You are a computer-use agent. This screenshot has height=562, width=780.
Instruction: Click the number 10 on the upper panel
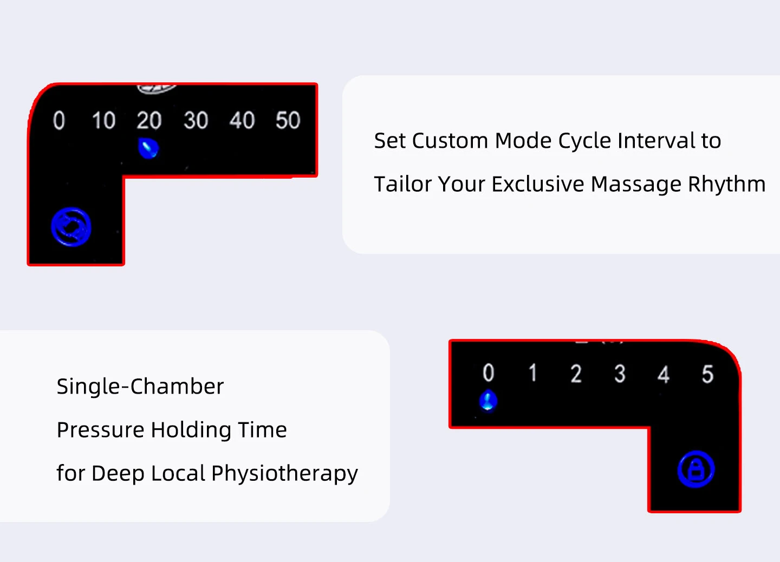tap(103, 121)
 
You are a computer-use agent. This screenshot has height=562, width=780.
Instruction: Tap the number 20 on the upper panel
tap(149, 121)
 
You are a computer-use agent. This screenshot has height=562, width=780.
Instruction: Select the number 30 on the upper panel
tap(196, 121)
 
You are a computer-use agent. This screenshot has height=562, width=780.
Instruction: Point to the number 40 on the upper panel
tap(242, 121)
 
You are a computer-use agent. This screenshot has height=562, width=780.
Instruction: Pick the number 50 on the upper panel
tap(288, 121)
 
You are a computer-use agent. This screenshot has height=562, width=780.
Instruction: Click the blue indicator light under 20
tap(148, 148)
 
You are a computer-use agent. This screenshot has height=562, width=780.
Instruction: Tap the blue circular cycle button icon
tap(71, 227)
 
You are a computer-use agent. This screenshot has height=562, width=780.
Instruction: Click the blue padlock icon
tap(696, 469)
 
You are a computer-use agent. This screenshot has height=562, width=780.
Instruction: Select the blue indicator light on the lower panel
tap(488, 401)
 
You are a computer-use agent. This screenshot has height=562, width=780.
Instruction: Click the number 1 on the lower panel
tap(533, 373)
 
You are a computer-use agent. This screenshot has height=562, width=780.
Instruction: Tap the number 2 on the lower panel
tap(576, 374)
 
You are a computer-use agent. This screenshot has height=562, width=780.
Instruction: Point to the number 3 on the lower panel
tap(620, 374)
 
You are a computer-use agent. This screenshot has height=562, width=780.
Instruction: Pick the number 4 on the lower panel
tap(664, 375)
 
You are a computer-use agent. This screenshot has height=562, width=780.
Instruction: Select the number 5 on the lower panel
tap(707, 374)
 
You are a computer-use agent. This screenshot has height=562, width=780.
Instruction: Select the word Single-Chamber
tap(140, 387)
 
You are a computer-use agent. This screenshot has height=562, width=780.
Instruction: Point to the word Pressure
tap(100, 430)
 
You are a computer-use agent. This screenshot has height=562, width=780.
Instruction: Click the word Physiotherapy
tap(284, 474)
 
